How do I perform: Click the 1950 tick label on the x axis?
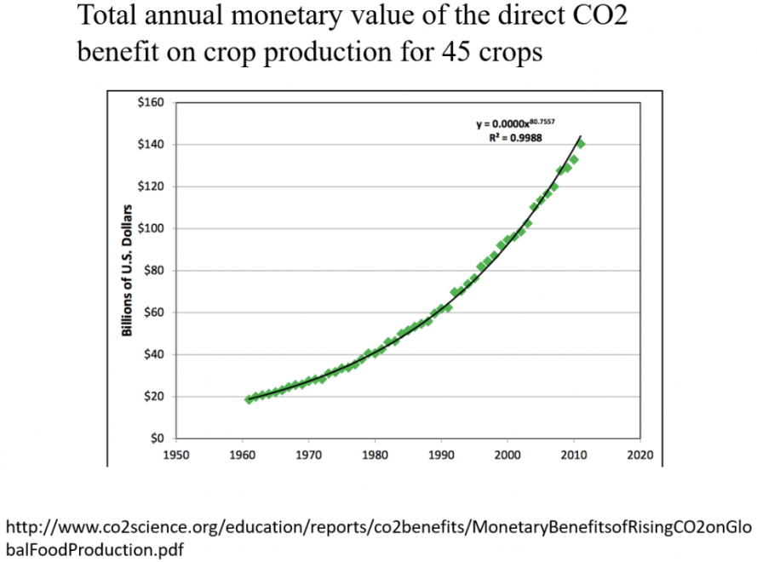coord(175,455)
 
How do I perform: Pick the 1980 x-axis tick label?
coord(374,455)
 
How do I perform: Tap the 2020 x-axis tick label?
coord(639,455)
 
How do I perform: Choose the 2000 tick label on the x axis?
coord(507,455)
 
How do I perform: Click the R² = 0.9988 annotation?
coord(509,137)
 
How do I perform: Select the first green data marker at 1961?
coord(249,399)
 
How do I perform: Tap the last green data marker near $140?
coord(581,143)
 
